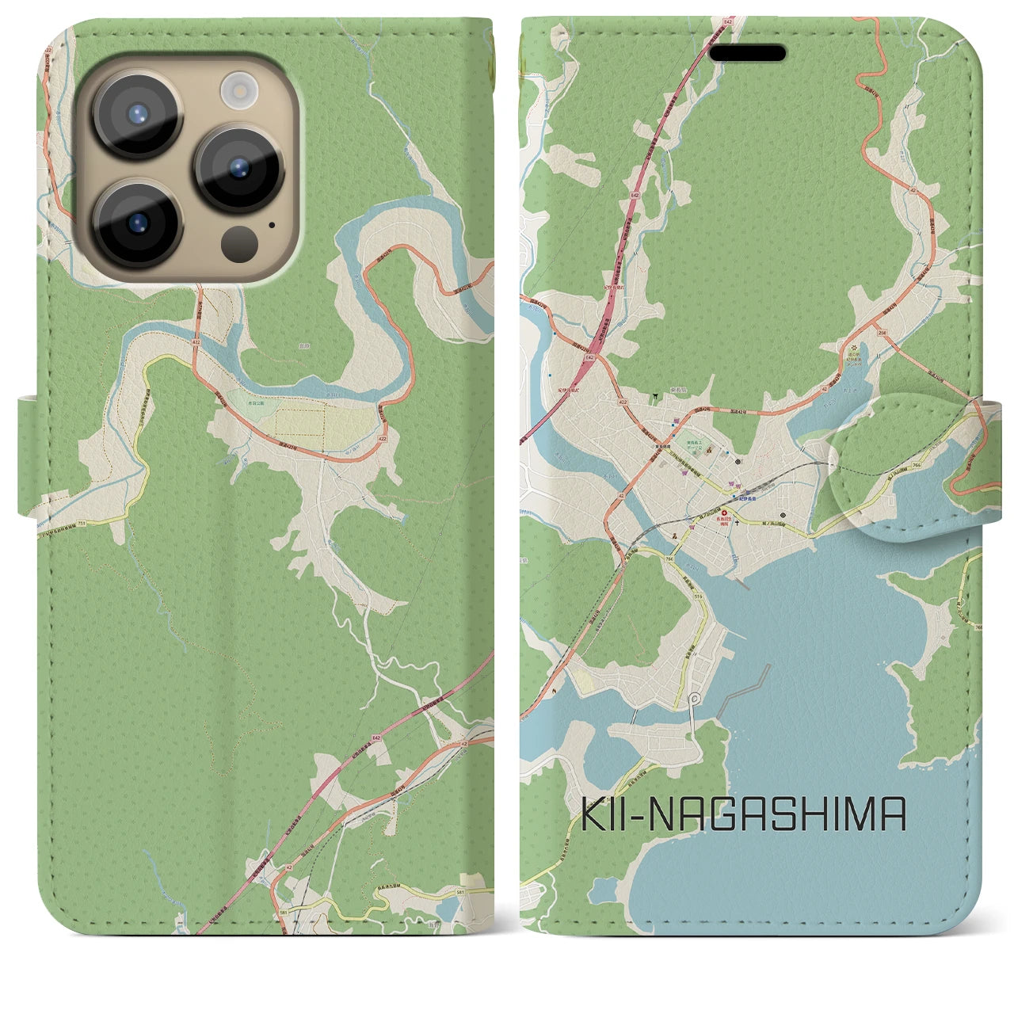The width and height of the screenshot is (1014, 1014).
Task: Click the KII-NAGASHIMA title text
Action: click(744, 815)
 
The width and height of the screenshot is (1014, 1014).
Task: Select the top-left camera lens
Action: click(138, 113)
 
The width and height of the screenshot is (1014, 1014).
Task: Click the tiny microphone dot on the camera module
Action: click(272, 224)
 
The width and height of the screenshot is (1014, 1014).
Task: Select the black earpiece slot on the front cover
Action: click(747, 54)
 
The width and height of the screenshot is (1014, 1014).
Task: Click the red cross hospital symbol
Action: click(723, 513)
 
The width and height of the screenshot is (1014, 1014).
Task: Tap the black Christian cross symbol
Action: click(738, 523)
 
